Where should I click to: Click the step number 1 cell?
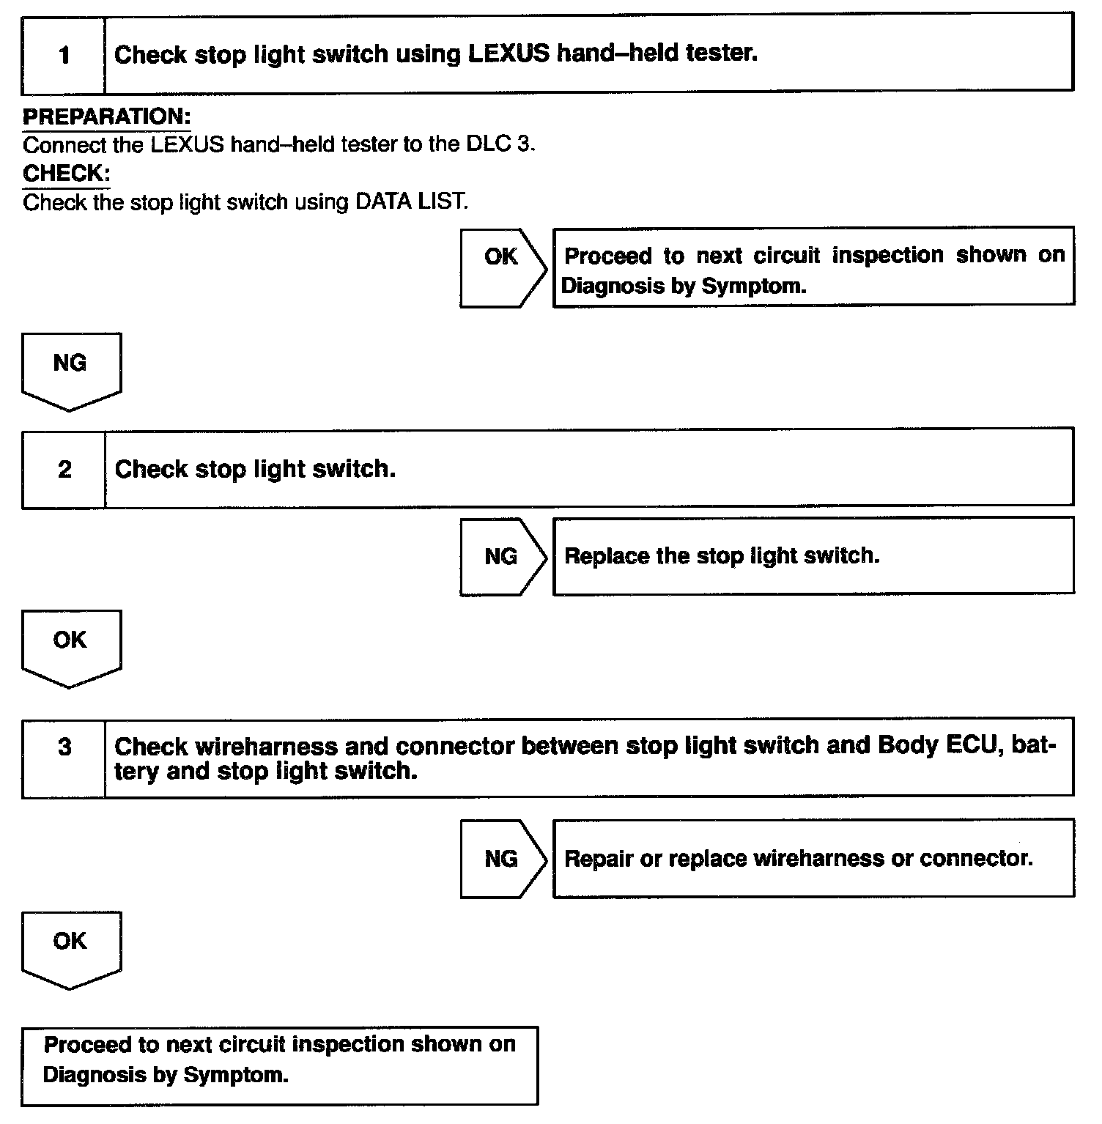64,55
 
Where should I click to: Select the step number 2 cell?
64,469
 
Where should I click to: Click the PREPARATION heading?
106,117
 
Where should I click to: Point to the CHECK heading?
66,174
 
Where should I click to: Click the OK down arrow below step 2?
71,647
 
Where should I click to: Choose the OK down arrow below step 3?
71,948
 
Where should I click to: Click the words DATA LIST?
410,201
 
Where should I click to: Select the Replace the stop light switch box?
813,555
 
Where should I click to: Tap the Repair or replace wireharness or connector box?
813,858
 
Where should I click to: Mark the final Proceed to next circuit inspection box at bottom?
279,1065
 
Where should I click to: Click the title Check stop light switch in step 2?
255,469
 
